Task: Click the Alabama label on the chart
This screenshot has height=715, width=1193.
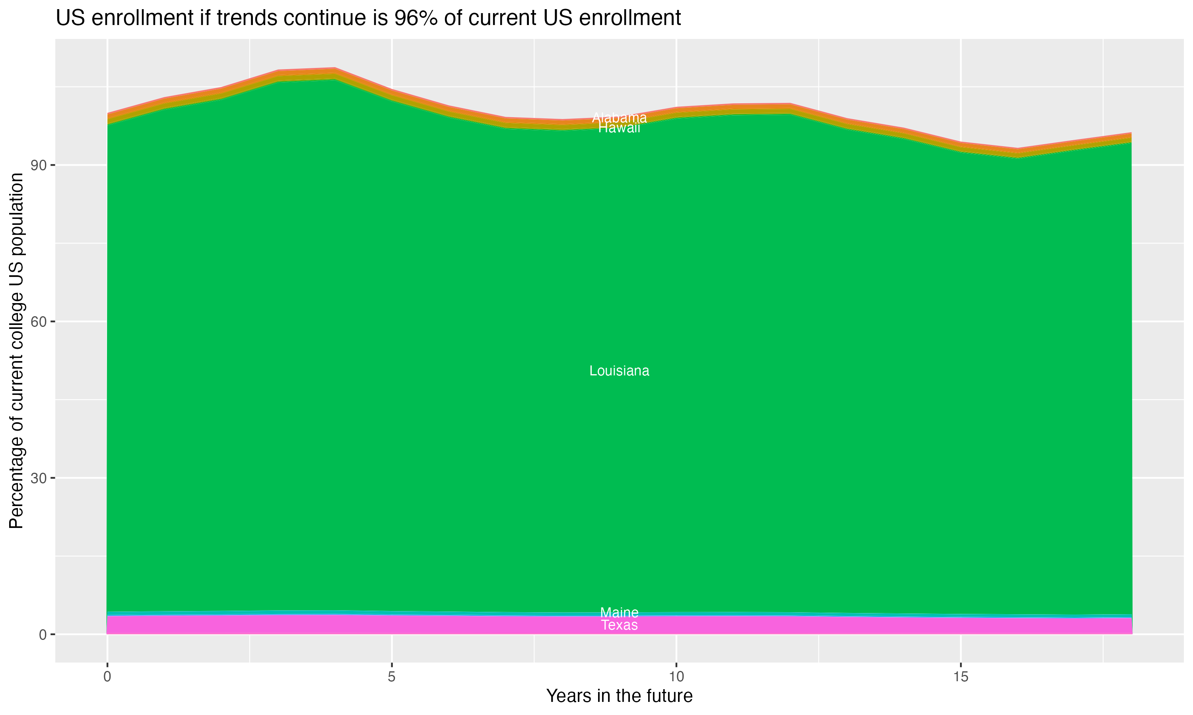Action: [x=619, y=118]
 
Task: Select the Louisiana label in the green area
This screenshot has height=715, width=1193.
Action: [x=619, y=371]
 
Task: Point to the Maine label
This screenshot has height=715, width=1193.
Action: [x=619, y=613]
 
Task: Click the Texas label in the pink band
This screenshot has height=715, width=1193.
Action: [x=619, y=625]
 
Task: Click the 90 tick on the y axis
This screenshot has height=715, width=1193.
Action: [x=39, y=165]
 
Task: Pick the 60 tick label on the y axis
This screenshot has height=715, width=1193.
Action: [x=39, y=321]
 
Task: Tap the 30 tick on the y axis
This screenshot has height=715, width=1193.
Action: [x=39, y=478]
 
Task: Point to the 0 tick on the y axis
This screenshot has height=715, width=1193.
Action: [x=43, y=634]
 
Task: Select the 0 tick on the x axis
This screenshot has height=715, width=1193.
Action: [x=107, y=677]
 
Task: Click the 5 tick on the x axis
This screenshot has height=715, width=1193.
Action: [x=392, y=677]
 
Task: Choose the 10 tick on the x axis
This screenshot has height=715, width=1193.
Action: [x=676, y=677]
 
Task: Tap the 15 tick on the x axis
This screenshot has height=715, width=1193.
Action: [x=961, y=677]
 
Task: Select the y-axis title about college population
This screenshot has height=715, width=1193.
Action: [x=16, y=351]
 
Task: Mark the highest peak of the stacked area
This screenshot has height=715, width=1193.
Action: [x=335, y=68]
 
